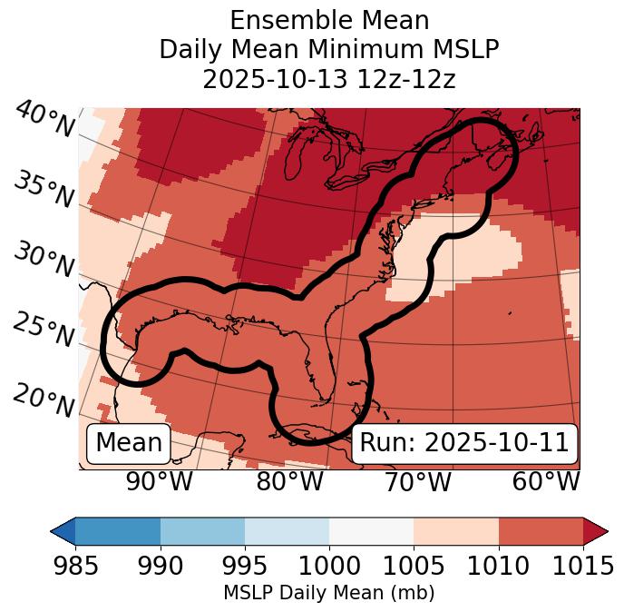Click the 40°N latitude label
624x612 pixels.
[x=44, y=120]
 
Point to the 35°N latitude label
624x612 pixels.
[x=43, y=189]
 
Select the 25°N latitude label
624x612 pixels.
[x=43, y=331]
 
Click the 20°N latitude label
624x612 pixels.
[x=43, y=400]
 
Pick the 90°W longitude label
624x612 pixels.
[x=159, y=481]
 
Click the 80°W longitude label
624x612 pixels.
[x=290, y=481]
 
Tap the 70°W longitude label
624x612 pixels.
[x=418, y=481]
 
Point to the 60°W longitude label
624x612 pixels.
[x=546, y=481]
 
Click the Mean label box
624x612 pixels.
[x=129, y=443]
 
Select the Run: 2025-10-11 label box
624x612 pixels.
[x=464, y=443]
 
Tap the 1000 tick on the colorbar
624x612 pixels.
[x=329, y=566]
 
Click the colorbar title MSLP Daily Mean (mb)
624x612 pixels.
[x=329, y=593]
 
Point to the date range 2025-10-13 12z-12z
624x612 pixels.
[x=329, y=79]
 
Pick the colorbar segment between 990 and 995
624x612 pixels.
[x=202, y=531]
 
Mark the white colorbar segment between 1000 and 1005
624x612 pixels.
[x=371, y=531]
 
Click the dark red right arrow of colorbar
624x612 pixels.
[x=595, y=531]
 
